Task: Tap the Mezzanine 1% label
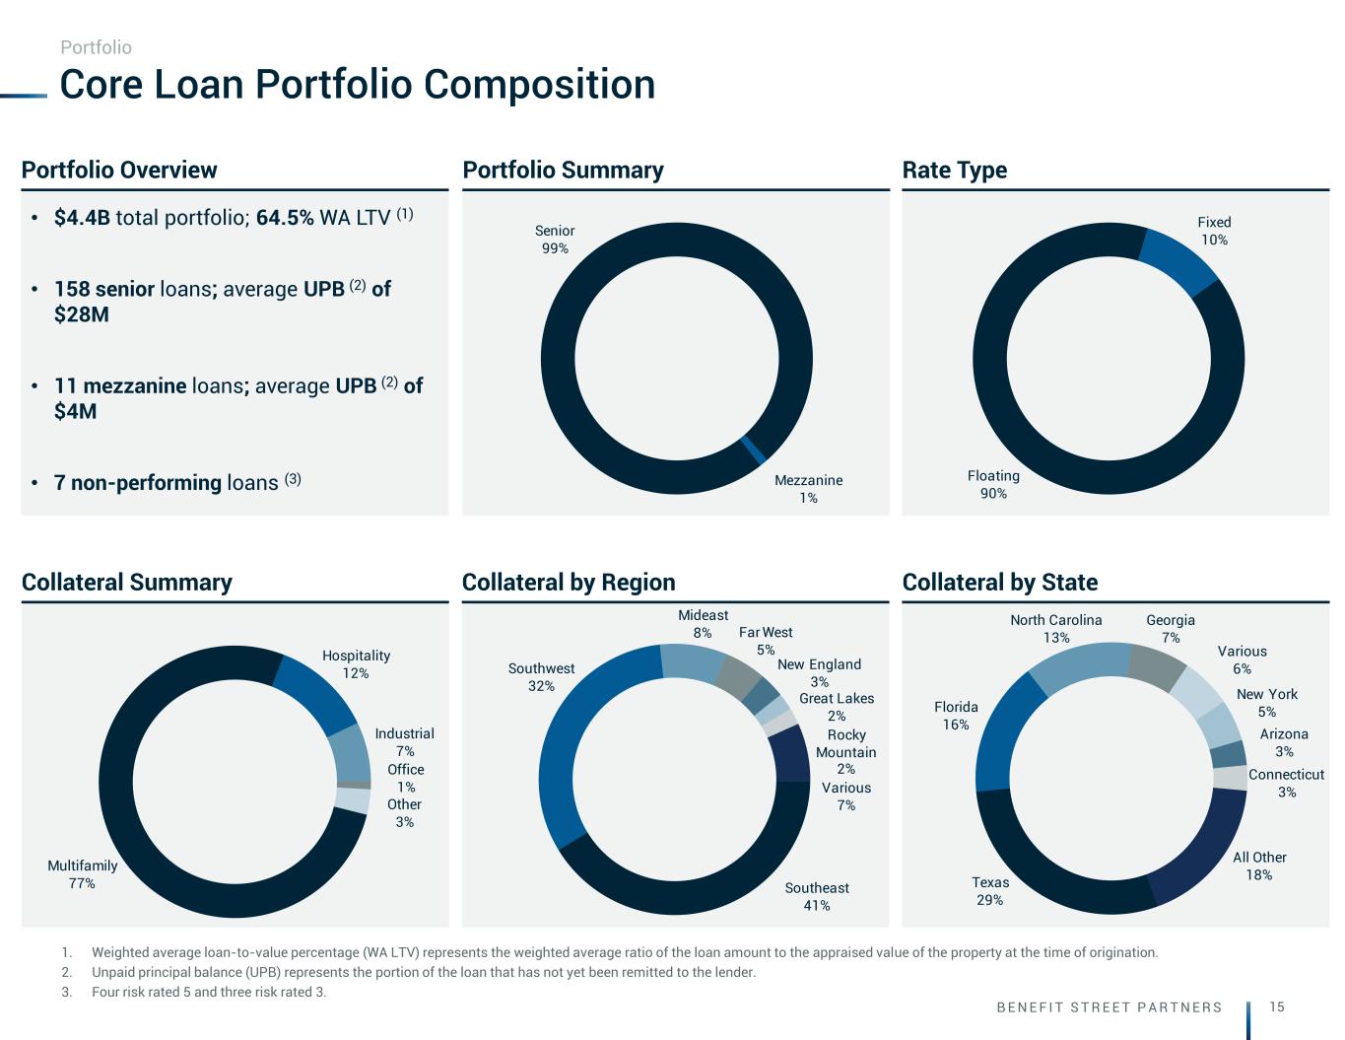pyautogui.click(x=808, y=489)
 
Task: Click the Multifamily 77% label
pyautogui.click(x=82, y=874)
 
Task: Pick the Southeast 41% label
pyautogui.click(x=817, y=896)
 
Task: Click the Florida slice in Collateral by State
pyautogui.click(x=1005, y=733)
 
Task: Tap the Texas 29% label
pyautogui.click(x=990, y=891)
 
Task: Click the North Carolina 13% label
pyautogui.click(x=1055, y=629)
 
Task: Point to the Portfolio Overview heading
pyautogui.click(x=119, y=170)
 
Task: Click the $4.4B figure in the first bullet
pyautogui.click(x=82, y=217)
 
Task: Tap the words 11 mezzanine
pyautogui.click(x=120, y=385)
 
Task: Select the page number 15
pyautogui.click(x=1277, y=1006)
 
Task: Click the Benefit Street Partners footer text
pyautogui.click(x=1109, y=1007)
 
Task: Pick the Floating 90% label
pyautogui.click(x=993, y=484)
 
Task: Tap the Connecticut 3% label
pyautogui.click(x=1286, y=783)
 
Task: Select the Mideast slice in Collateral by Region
pyautogui.click(x=692, y=660)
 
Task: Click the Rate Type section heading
pyautogui.click(x=954, y=170)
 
